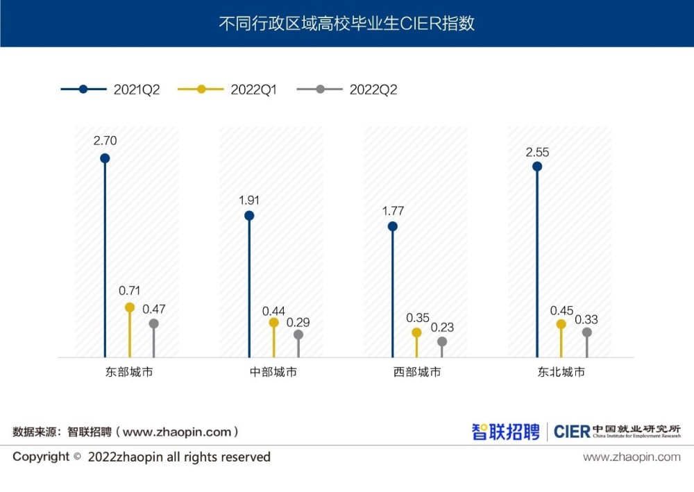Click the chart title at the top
pos(346,23)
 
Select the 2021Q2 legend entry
pos(111,90)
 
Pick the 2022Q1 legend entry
pos(228,90)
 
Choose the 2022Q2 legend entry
pos(347,90)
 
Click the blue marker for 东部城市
pos(105,158)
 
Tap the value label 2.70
pos(105,140)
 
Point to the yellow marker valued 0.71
pos(130,307)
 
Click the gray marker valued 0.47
pos(154,323)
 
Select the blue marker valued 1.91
pos(249,216)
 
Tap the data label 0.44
pos(273,311)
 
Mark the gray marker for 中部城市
pos(298,334)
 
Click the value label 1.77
pos(393,211)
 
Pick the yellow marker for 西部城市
pos(417,332)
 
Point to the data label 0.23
pos(442,328)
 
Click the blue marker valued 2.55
pos(537,167)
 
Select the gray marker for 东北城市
pos(586,332)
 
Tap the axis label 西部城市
pos(417,372)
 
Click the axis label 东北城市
pos(561,372)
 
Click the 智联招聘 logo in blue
pos(505,432)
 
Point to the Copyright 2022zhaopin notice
pos(142,457)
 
